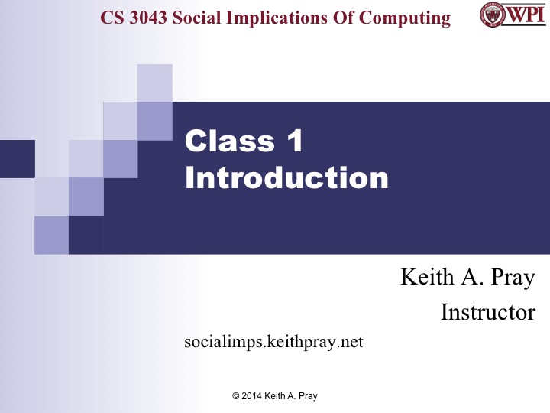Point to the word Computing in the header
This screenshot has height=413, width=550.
tap(409, 18)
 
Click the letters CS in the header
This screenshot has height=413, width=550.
tap(112, 18)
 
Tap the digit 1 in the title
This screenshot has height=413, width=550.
tap(294, 141)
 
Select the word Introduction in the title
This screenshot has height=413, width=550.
tap(286, 178)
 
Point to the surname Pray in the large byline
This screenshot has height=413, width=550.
tap(512, 277)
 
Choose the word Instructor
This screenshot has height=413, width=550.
tap(487, 312)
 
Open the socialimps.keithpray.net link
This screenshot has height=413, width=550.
tap(273, 342)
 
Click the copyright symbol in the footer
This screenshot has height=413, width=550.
tap(235, 396)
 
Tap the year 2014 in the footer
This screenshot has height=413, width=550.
tap(253, 396)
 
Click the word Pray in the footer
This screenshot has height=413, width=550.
tap(307, 396)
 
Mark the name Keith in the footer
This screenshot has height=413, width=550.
tap(277, 396)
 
